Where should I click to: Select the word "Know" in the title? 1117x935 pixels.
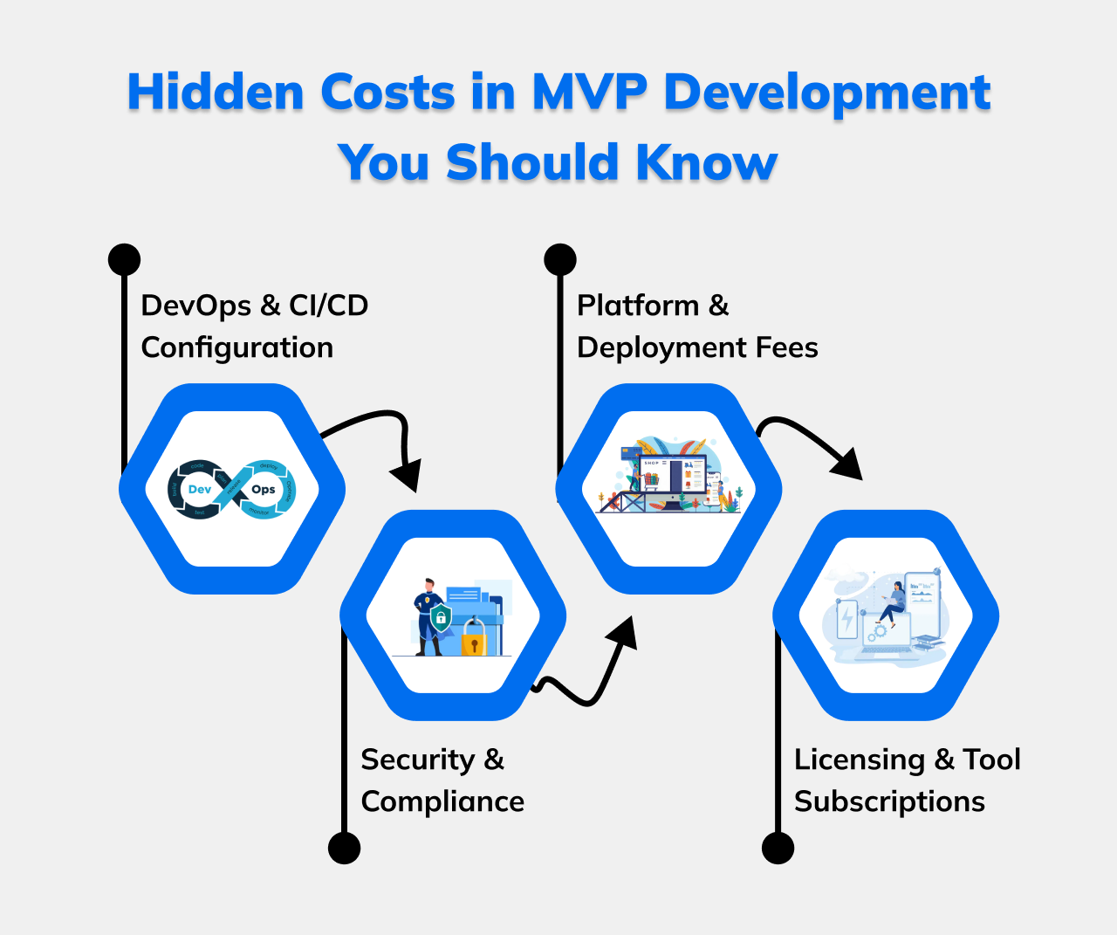[706, 163]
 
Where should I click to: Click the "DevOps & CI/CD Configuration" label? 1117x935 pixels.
[254, 327]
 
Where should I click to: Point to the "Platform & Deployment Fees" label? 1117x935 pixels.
[697, 327]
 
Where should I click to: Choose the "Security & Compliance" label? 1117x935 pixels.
[442, 780]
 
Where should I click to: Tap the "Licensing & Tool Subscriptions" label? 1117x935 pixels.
[907, 780]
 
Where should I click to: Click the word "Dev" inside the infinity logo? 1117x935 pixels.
[200, 490]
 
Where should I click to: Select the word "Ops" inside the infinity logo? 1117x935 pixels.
[263, 490]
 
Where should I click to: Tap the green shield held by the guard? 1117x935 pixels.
[441, 618]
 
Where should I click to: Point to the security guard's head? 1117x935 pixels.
[428, 584]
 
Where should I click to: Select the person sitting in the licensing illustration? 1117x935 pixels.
[894, 602]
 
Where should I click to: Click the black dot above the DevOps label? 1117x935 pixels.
[124, 260]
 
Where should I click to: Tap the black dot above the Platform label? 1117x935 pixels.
[560, 260]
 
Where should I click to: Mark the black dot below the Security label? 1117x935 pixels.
[344, 848]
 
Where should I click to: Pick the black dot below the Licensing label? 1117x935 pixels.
[778, 848]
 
